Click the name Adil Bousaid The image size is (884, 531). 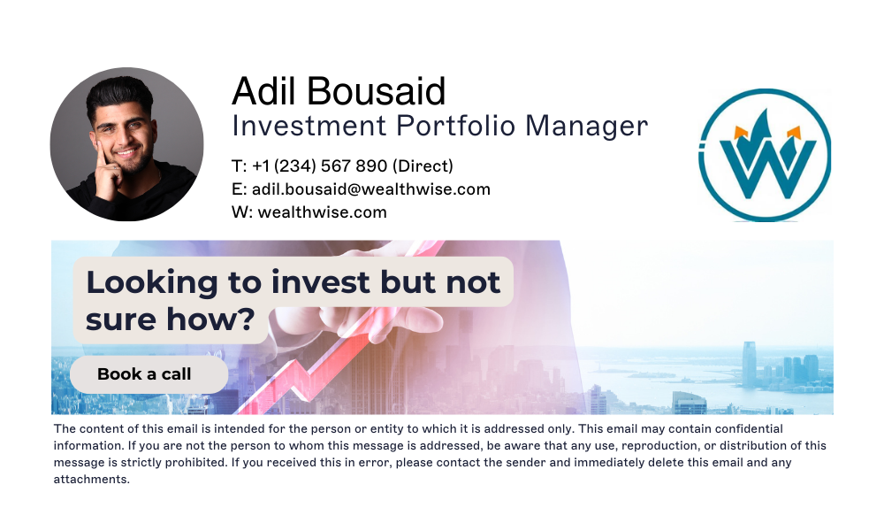click(x=339, y=92)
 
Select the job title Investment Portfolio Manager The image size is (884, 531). click(x=439, y=126)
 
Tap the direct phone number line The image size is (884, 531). click(x=342, y=165)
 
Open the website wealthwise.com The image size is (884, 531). click(x=323, y=212)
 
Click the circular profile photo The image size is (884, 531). click(x=126, y=144)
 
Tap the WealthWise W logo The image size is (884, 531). click(x=765, y=155)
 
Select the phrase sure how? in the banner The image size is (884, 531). click(x=170, y=319)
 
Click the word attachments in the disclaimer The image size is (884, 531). click(x=92, y=480)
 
